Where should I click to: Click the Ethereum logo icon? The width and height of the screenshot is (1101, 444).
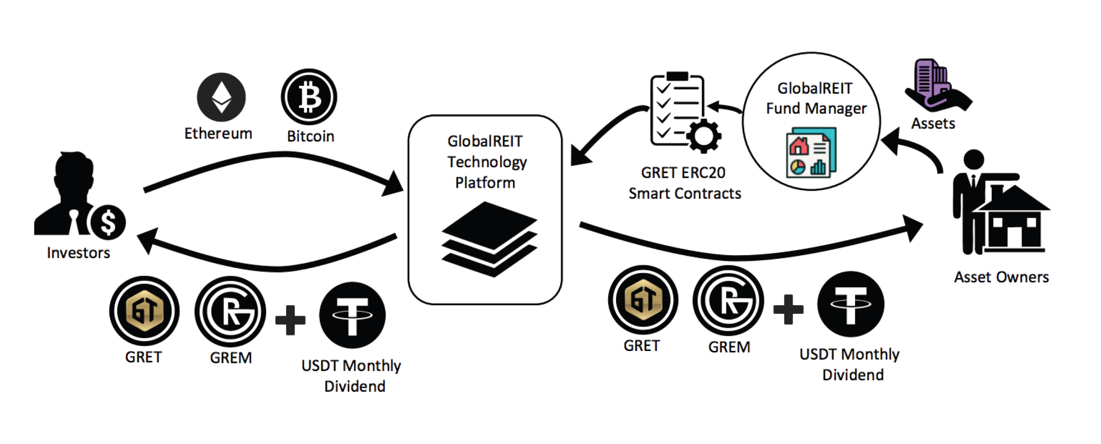coord(221,97)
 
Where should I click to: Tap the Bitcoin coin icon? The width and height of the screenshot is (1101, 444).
coord(309,97)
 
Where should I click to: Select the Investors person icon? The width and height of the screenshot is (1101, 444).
coord(69,192)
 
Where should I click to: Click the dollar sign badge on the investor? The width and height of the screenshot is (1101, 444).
coord(108,222)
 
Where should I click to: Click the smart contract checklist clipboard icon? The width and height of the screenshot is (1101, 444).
coord(677,110)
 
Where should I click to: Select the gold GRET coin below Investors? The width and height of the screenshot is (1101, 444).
coord(145,311)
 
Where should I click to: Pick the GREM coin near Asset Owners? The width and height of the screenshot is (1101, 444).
coord(728,301)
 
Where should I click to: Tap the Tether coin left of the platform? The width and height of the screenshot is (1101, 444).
coord(352,315)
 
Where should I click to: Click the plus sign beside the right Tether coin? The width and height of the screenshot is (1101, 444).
coord(788,309)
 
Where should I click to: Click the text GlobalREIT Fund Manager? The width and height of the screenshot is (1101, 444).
coord(816,98)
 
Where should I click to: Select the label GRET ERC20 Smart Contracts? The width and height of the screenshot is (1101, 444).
coord(684,183)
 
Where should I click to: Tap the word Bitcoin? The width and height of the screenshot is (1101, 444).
coord(311,136)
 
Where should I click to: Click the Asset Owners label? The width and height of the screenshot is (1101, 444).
coord(1001,277)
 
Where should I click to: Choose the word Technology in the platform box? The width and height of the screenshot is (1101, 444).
coord(487,162)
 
